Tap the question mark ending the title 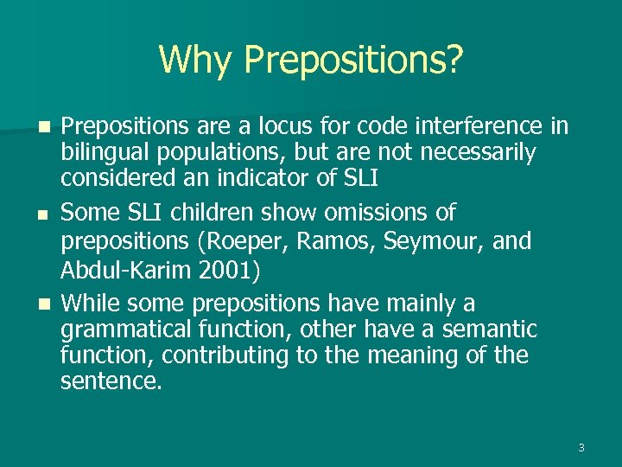coord(454,60)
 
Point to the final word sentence coord(111,381)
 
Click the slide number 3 coord(581,447)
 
